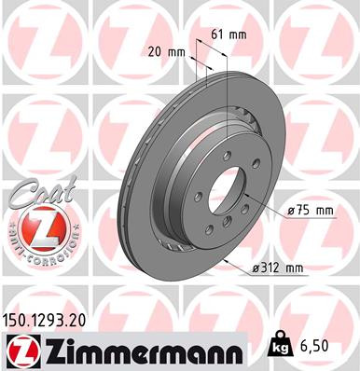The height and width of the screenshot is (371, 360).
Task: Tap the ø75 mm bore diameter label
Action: pos(311,212)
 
